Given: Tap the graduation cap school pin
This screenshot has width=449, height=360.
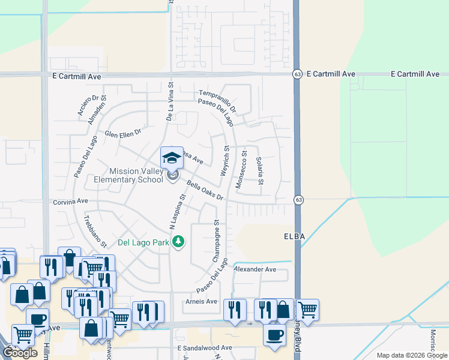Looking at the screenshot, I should (172, 158).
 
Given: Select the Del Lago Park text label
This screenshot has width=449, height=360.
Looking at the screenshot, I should (143, 242).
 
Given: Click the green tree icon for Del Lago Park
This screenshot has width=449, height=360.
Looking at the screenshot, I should (178, 242).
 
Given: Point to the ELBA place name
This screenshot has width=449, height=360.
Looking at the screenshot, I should (294, 236).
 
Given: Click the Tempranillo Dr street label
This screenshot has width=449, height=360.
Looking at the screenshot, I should (217, 101).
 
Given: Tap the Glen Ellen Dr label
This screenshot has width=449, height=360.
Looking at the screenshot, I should (122, 133).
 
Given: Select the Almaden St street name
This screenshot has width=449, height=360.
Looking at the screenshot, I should (97, 109).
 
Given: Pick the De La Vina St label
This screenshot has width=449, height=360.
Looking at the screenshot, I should (170, 103).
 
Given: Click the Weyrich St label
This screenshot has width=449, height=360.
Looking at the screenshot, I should (226, 160).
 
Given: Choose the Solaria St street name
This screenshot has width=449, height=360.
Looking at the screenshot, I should (259, 171).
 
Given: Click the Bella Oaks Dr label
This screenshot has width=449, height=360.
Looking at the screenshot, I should (205, 191).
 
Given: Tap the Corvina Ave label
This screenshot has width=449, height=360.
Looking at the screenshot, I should (70, 202).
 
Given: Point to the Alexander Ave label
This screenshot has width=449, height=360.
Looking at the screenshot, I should (255, 269).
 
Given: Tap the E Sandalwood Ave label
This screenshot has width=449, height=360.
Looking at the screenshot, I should (204, 348).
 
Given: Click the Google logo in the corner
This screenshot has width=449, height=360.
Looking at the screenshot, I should (20, 353).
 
